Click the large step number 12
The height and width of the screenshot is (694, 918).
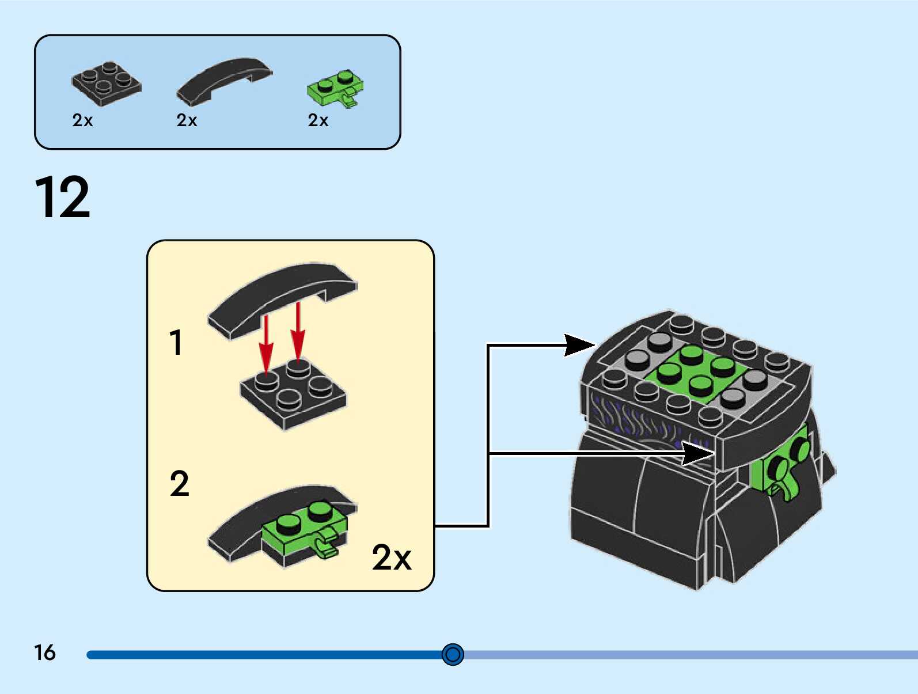62,197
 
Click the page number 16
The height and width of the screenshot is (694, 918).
45,653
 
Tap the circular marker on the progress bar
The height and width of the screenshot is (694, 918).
453,654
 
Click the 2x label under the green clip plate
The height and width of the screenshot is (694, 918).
318,120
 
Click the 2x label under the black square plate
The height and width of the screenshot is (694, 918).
82,120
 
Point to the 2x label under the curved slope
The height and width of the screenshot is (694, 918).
187,120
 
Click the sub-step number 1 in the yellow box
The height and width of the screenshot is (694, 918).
176,342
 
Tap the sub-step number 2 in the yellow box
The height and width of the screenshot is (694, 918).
179,483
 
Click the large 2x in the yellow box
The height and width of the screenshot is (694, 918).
392,557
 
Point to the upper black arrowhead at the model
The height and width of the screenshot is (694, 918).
579,345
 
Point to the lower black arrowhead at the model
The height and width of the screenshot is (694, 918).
698,453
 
